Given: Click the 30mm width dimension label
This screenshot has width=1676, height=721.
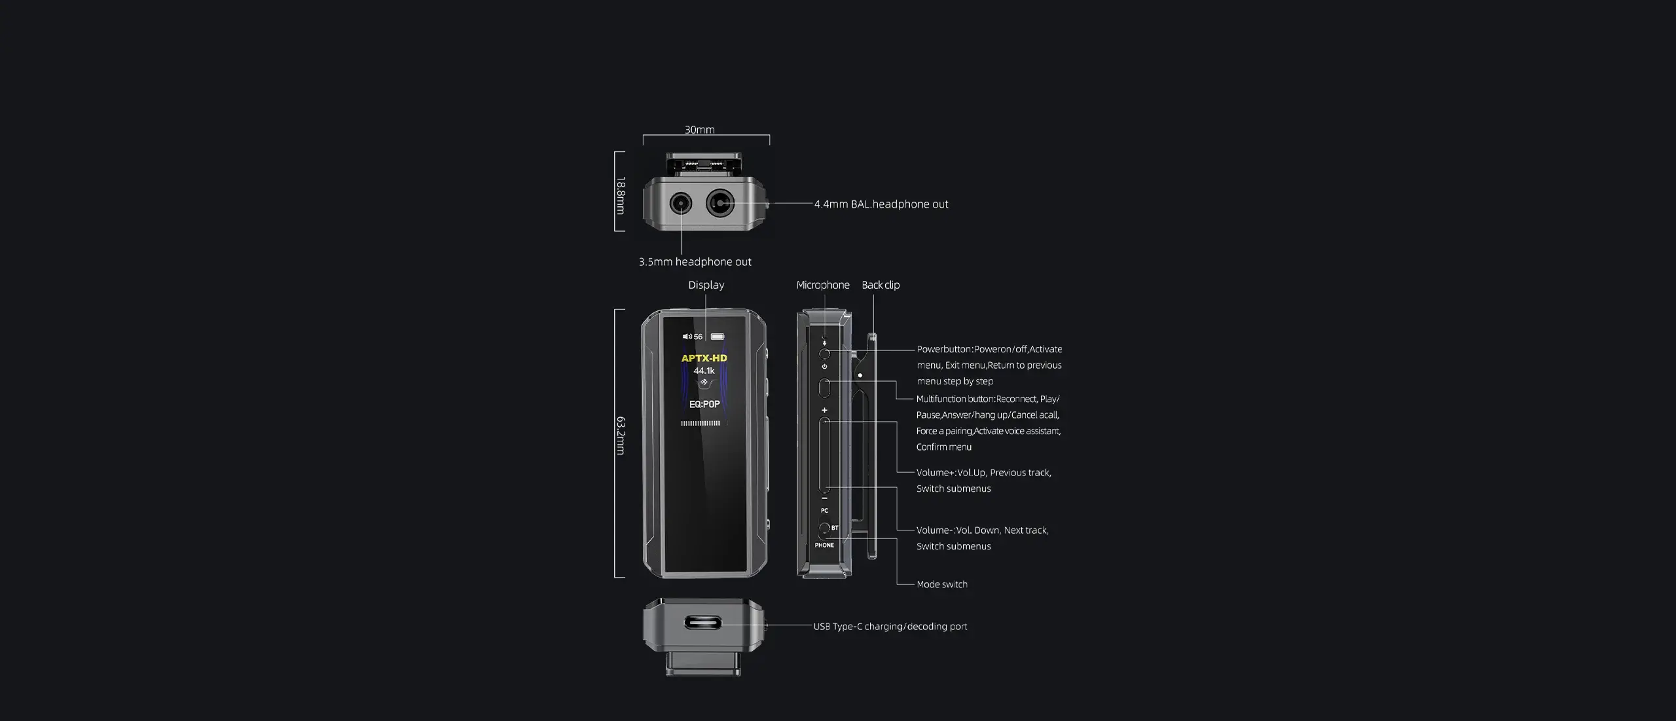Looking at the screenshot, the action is click(x=699, y=130).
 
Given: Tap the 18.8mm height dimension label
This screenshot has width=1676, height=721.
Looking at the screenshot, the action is click(x=620, y=195).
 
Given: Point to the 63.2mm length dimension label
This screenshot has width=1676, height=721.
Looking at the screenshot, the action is click(x=620, y=435).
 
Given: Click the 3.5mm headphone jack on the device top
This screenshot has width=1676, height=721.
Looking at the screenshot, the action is click(x=680, y=204).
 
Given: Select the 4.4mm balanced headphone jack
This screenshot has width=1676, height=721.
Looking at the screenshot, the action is click(x=720, y=204).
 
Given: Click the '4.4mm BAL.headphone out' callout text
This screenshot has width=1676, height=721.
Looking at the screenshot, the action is click(x=881, y=204).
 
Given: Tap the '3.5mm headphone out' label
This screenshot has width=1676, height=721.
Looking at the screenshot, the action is click(x=695, y=262).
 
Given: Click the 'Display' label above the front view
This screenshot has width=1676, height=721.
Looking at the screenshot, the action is click(x=706, y=285).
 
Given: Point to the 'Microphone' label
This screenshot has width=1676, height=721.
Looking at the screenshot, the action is click(x=823, y=285).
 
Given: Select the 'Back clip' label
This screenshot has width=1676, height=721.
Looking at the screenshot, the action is click(x=881, y=285).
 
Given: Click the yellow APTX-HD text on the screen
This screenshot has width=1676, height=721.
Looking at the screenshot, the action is click(x=704, y=358).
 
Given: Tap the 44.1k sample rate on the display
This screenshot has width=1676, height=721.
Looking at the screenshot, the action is click(x=704, y=371).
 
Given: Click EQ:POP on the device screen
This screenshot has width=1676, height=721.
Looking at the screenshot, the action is click(x=704, y=404).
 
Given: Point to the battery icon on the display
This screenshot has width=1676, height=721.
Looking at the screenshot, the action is click(x=718, y=337).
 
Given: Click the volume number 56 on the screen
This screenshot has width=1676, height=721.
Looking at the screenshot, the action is click(x=698, y=337).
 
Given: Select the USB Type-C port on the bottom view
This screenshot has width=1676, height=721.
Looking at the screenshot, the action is click(x=703, y=622).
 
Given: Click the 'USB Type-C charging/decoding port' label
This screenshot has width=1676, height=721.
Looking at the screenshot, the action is click(x=890, y=627).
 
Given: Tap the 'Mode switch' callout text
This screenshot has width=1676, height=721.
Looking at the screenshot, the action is click(x=942, y=584).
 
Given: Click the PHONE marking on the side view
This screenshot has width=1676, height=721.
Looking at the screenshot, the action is click(x=824, y=545).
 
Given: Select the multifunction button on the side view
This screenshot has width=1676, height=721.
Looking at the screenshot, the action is click(x=824, y=388).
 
